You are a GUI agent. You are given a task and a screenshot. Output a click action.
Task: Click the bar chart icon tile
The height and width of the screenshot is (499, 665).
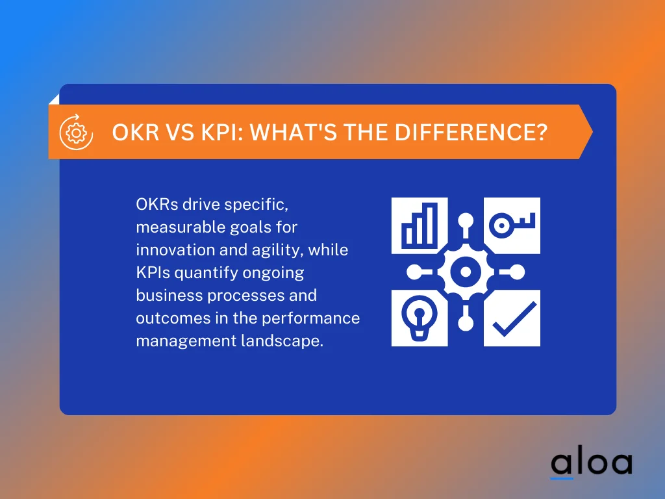419,225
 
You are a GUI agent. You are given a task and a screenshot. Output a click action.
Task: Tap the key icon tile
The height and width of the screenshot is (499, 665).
512,225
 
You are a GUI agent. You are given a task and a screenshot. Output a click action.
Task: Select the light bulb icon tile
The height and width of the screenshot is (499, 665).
419,318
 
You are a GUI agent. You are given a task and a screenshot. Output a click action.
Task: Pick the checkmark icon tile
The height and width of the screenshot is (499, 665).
512,318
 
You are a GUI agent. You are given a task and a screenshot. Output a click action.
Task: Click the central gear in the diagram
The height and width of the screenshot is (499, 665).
466,272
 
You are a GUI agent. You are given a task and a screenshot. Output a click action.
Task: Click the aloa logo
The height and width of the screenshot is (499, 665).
591,463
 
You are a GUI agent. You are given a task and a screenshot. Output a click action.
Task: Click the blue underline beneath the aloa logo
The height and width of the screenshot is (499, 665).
562,479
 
